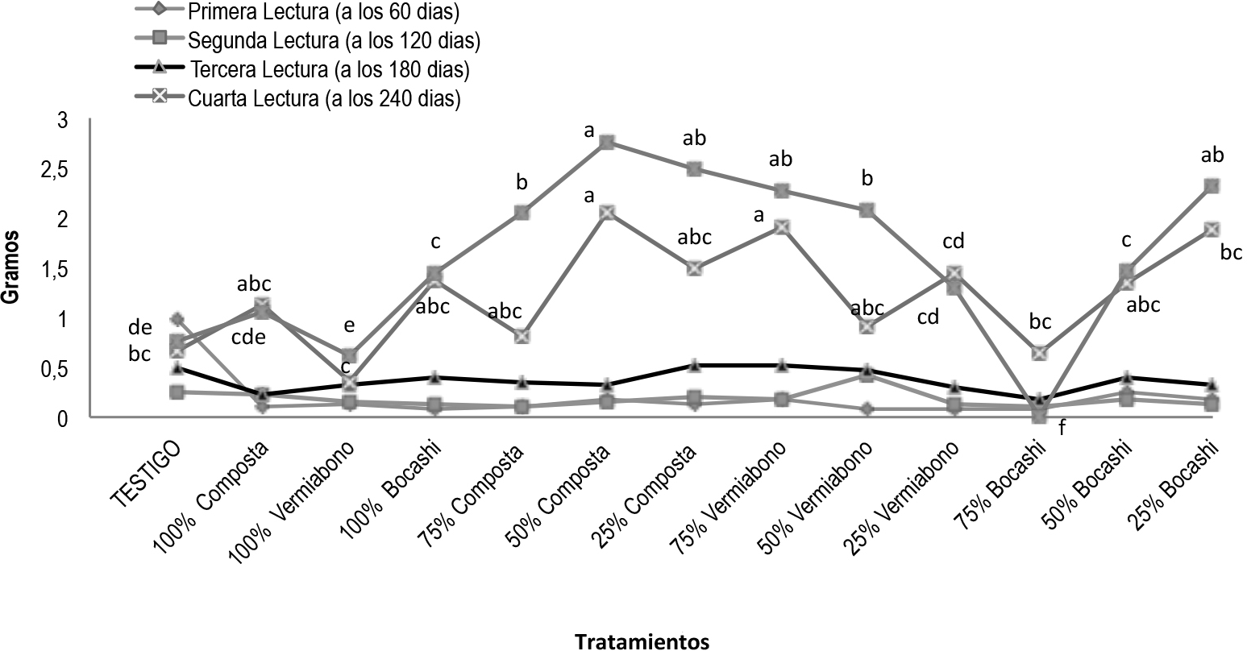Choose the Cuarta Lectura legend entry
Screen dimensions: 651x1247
[323, 98]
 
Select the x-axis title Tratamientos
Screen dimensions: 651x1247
[642, 641]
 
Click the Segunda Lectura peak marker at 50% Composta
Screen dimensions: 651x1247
[608, 143]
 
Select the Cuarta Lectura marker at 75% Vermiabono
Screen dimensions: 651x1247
[781, 227]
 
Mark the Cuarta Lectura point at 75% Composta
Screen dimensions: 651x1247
[522, 336]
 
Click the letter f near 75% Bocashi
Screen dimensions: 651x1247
[1062, 429]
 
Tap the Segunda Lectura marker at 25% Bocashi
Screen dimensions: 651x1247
[1212, 186]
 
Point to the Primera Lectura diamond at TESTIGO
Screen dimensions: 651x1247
[177, 319]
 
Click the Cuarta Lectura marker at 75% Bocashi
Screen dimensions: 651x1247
[1039, 353]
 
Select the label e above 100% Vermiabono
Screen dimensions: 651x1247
[348, 325]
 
